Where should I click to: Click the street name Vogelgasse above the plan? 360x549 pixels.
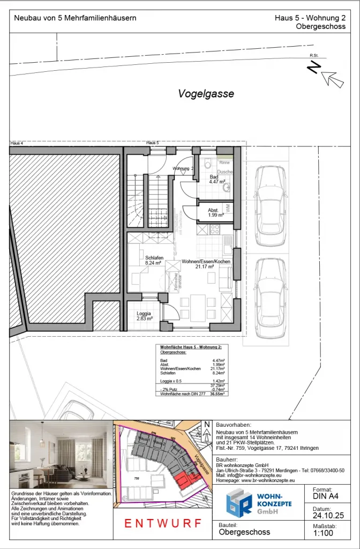tap(206, 94)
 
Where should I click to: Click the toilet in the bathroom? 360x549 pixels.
tap(207, 164)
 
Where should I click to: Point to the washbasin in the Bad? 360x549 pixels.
tap(227, 188)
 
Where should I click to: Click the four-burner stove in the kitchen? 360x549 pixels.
tap(215, 229)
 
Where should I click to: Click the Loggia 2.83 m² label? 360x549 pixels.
tap(144, 316)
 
